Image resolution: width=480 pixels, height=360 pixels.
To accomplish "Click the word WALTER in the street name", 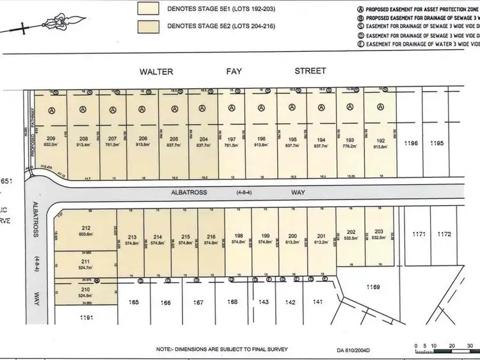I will (157, 72).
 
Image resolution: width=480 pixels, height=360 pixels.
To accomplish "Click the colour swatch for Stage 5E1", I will (152, 9).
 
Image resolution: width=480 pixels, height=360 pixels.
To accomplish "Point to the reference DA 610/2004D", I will (353, 350).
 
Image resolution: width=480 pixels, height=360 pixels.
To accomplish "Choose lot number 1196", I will (412, 143).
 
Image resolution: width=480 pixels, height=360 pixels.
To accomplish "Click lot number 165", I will (134, 301).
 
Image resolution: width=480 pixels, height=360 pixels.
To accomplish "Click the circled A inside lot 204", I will (204, 109).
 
